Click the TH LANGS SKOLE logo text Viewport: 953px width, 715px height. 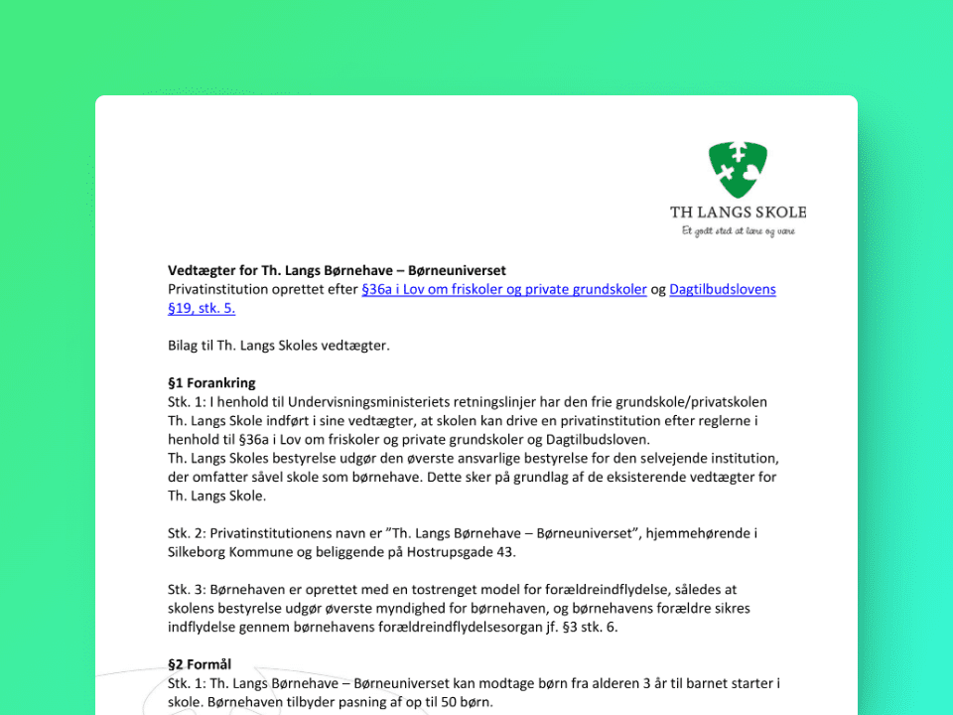point(738,212)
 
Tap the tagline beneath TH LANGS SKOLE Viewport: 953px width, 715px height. point(738,231)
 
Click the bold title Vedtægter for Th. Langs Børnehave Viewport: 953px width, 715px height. point(338,270)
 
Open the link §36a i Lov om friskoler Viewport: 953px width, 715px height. point(504,289)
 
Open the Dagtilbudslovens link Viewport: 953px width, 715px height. point(723,289)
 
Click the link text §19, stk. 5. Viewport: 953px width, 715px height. point(202,308)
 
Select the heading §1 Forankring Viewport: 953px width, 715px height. point(211,382)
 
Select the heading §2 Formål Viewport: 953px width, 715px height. point(200,664)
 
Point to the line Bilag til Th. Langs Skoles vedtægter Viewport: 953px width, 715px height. point(279,346)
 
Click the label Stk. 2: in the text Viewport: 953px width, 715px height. point(187,532)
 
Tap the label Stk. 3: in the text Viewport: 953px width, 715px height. point(187,589)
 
